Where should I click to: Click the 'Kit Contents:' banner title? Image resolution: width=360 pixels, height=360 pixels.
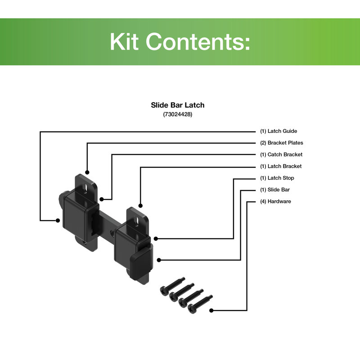(180, 41)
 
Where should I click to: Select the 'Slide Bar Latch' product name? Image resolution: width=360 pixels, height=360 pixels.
(178, 105)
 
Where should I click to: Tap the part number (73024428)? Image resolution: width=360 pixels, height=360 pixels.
(178, 114)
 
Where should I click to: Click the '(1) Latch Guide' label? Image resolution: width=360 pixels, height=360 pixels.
(279, 131)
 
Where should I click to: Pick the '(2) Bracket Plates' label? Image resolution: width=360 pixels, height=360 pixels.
(282, 143)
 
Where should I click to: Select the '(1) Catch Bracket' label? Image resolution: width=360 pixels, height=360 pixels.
(281, 154)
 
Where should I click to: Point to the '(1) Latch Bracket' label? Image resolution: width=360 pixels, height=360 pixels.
(281, 166)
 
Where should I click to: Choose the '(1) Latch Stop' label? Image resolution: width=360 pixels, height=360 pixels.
(277, 178)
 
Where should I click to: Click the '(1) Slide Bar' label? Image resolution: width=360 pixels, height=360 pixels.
(275, 189)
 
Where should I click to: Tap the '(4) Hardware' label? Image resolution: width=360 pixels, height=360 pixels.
(275, 201)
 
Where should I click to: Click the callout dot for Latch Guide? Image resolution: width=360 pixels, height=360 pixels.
(58, 220)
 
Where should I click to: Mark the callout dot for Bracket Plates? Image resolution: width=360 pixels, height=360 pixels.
(87, 172)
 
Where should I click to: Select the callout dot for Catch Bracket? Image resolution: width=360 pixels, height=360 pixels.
(102, 199)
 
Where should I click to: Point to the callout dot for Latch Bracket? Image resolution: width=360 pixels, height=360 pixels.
(140, 206)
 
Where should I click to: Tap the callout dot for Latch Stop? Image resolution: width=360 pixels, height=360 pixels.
(156, 239)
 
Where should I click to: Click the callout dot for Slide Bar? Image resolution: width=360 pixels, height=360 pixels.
(159, 260)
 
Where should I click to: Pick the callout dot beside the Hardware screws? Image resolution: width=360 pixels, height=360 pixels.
(211, 310)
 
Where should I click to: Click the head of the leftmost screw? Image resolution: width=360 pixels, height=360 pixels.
(164, 291)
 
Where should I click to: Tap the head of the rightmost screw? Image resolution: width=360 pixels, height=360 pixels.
(192, 308)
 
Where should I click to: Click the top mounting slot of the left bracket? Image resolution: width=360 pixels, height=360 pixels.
(85, 187)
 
